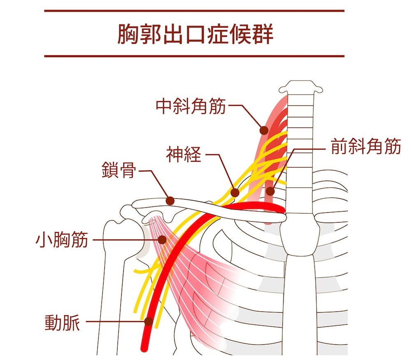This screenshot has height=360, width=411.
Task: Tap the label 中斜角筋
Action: tap(191, 107)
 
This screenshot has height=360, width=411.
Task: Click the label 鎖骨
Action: tap(119, 170)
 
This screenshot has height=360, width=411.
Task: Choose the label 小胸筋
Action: tap(62, 239)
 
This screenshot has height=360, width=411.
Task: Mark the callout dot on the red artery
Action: tap(149, 322)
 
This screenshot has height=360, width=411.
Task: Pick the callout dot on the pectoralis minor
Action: tap(163, 239)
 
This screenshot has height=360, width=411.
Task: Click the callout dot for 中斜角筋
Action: tap(263, 130)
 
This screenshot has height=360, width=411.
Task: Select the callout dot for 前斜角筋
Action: tap(270, 191)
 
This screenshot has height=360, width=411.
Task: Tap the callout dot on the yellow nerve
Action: tap(235, 192)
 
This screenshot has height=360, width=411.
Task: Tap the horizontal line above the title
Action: tap(194, 11)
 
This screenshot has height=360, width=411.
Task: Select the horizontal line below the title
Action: tap(194, 56)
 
